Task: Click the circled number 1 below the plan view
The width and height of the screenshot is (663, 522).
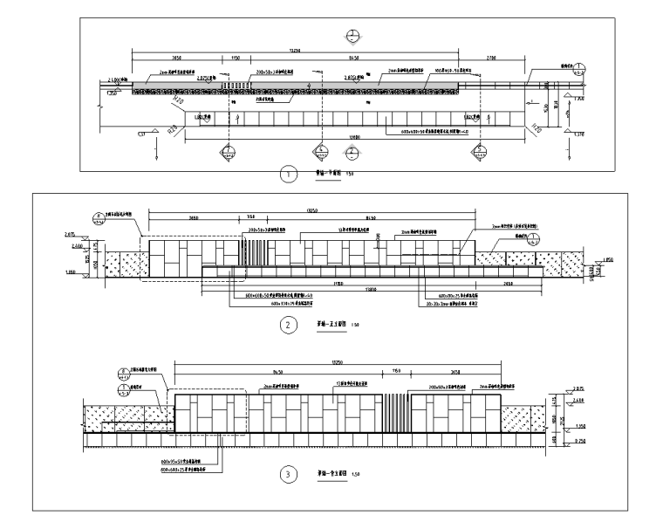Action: (285, 174)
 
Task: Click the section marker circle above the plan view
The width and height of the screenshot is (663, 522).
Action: (351, 36)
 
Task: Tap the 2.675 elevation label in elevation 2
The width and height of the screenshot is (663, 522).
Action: (71, 235)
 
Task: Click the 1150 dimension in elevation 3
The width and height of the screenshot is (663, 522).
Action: (396, 370)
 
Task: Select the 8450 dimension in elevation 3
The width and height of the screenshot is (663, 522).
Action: (279, 370)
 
